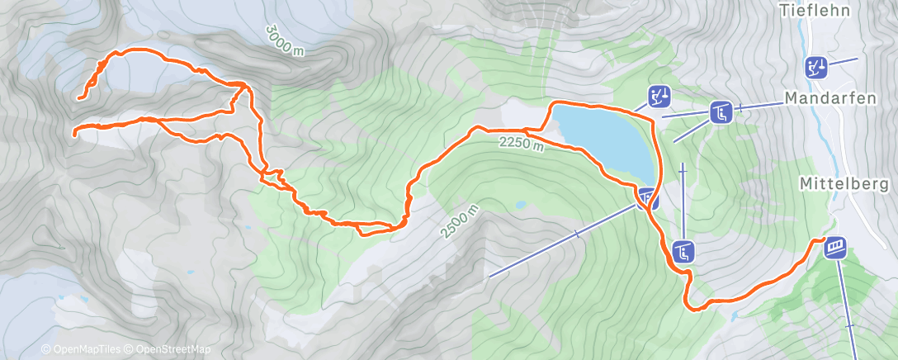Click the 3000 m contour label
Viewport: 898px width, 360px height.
coord(285,40)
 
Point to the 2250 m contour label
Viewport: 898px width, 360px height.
coord(521,144)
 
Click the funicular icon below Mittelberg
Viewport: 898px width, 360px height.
coord(836,246)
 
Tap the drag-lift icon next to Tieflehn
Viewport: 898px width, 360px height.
coord(816,66)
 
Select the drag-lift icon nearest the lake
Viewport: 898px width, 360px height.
coord(659,97)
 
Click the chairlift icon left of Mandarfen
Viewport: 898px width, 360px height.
coord(721,111)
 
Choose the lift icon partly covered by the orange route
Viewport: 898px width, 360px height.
coord(648,197)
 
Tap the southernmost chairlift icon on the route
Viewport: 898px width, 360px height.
coord(683,250)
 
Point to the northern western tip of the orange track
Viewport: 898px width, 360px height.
coord(79,99)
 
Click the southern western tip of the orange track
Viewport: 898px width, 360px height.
coord(74,132)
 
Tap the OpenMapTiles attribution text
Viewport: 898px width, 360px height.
coord(79,350)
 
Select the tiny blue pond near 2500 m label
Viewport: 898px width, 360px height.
coord(520,204)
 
